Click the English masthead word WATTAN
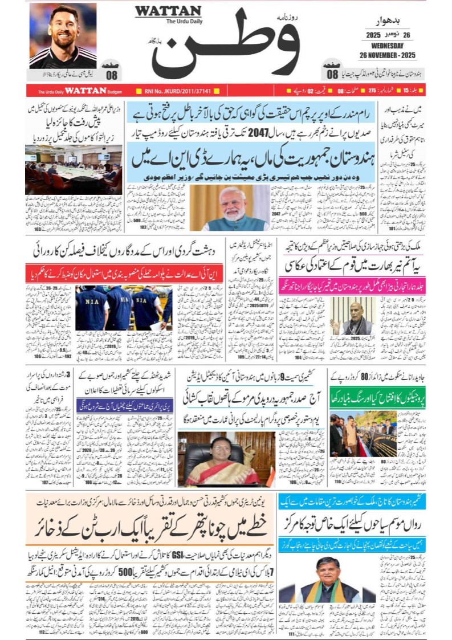click(168, 11)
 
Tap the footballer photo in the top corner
click(63, 35)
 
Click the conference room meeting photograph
click(72, 170)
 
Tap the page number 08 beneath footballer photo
click(112, 74)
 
